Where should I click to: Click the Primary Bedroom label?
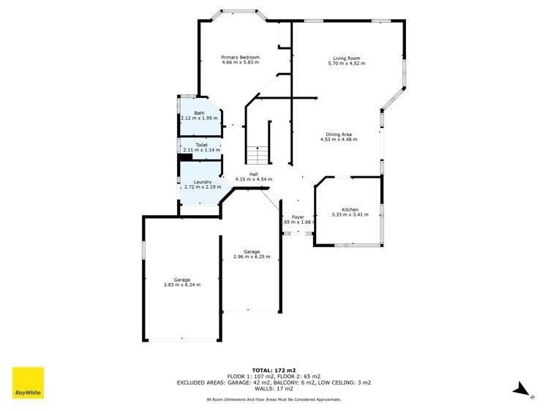pos(241,57)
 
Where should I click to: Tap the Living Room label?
pos(347,58)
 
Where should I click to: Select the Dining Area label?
pos(339,134)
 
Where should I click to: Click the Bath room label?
pos(199,113)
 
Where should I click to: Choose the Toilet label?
pos(202,145)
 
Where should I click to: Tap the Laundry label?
pos(203,181)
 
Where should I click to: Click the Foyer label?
pos(298,216)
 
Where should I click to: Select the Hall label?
pos(254,173)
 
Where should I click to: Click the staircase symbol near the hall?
pos(257,155)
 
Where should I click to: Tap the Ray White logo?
pos(28,383)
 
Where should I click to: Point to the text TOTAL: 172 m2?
pos(274,371)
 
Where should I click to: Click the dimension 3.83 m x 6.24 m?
pos(182,285)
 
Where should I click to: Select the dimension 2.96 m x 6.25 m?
pos(252,257)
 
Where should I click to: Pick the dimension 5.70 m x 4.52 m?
pos(347,64)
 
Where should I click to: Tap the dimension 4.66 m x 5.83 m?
pos(241,63)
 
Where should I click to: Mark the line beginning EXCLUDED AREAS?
pos(274,382)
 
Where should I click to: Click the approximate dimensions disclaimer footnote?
pos(274,399)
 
